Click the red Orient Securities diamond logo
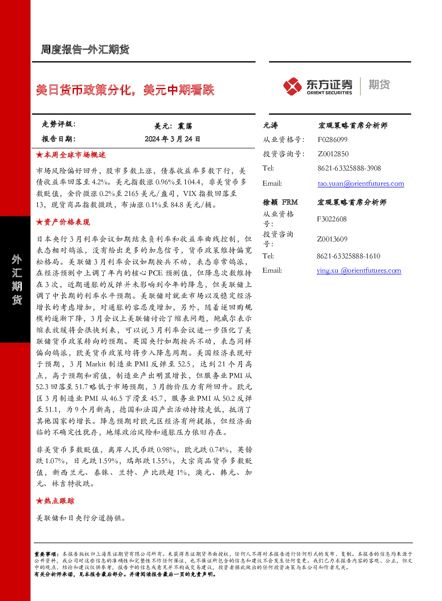293,86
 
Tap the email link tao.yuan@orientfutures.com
361,183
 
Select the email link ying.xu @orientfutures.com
359,270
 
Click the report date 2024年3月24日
172,139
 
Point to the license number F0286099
332,140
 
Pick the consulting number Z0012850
333,154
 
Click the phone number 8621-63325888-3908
349,168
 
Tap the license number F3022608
331,219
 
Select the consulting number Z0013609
332,239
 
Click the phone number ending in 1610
348,256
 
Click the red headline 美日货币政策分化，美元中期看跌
125,90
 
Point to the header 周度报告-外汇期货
85,50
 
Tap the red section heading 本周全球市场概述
71,155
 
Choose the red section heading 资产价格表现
63,222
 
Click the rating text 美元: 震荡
173,126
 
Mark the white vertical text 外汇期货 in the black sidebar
16,280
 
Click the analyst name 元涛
270,125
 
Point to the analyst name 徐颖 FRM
280,202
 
